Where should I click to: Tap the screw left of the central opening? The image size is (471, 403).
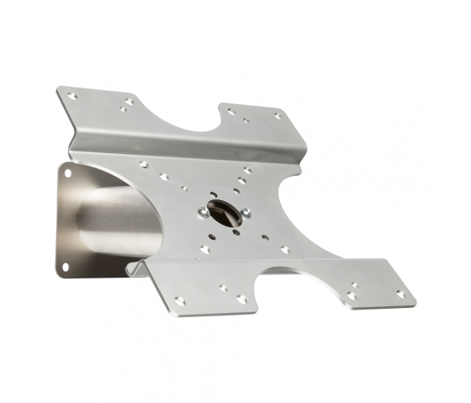pos(204,214)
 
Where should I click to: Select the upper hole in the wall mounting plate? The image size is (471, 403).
pos(67,174)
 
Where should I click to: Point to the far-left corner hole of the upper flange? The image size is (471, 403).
pos(73,97)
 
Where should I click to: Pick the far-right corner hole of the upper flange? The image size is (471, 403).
pos(278,115)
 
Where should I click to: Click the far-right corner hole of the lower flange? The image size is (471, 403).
pos(400,294)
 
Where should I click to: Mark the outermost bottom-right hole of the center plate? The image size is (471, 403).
pos(286,249)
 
